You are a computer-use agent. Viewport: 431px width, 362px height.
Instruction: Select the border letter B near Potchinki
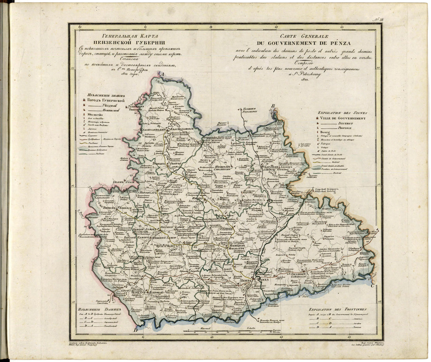[x=273, y=106]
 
